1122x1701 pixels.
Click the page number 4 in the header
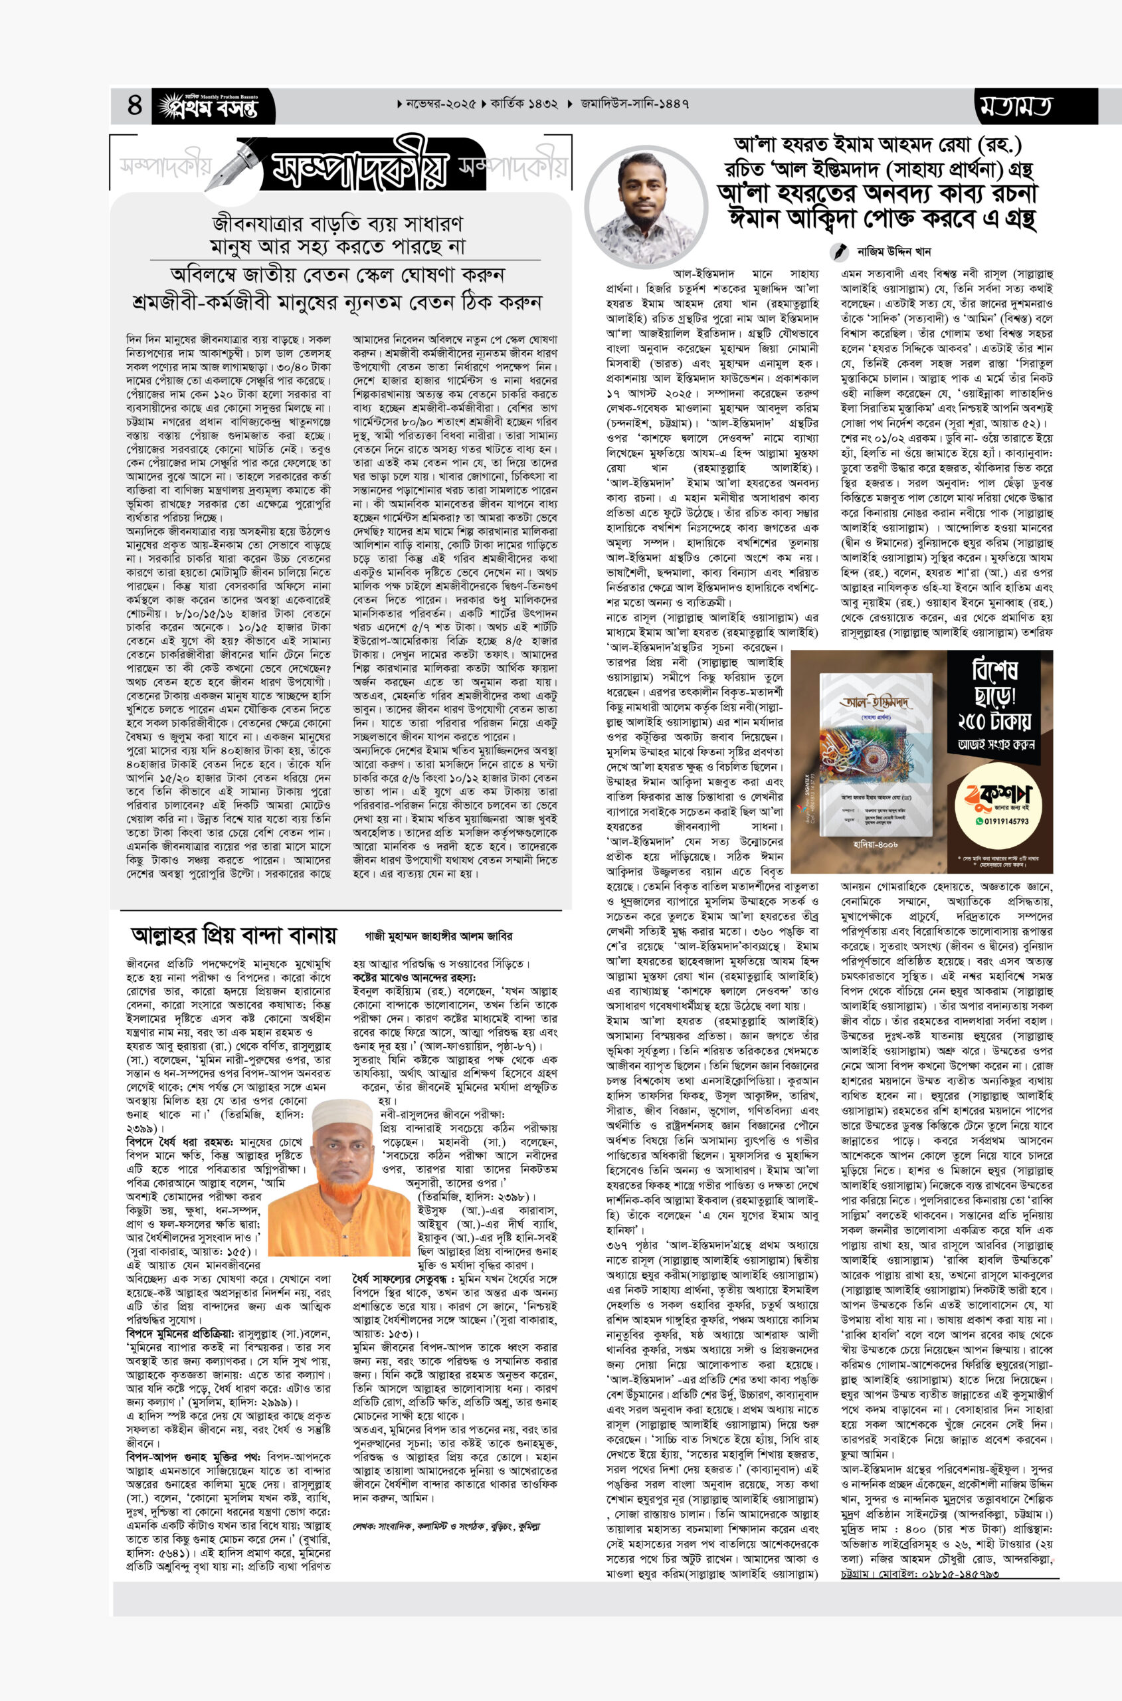[135, 105]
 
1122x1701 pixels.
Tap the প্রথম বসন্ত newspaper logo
[208, 106]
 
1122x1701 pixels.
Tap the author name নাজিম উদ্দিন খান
[893, 252]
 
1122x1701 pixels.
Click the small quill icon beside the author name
[838, 252]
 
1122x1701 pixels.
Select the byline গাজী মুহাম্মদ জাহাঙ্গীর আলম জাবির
[438, 936]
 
